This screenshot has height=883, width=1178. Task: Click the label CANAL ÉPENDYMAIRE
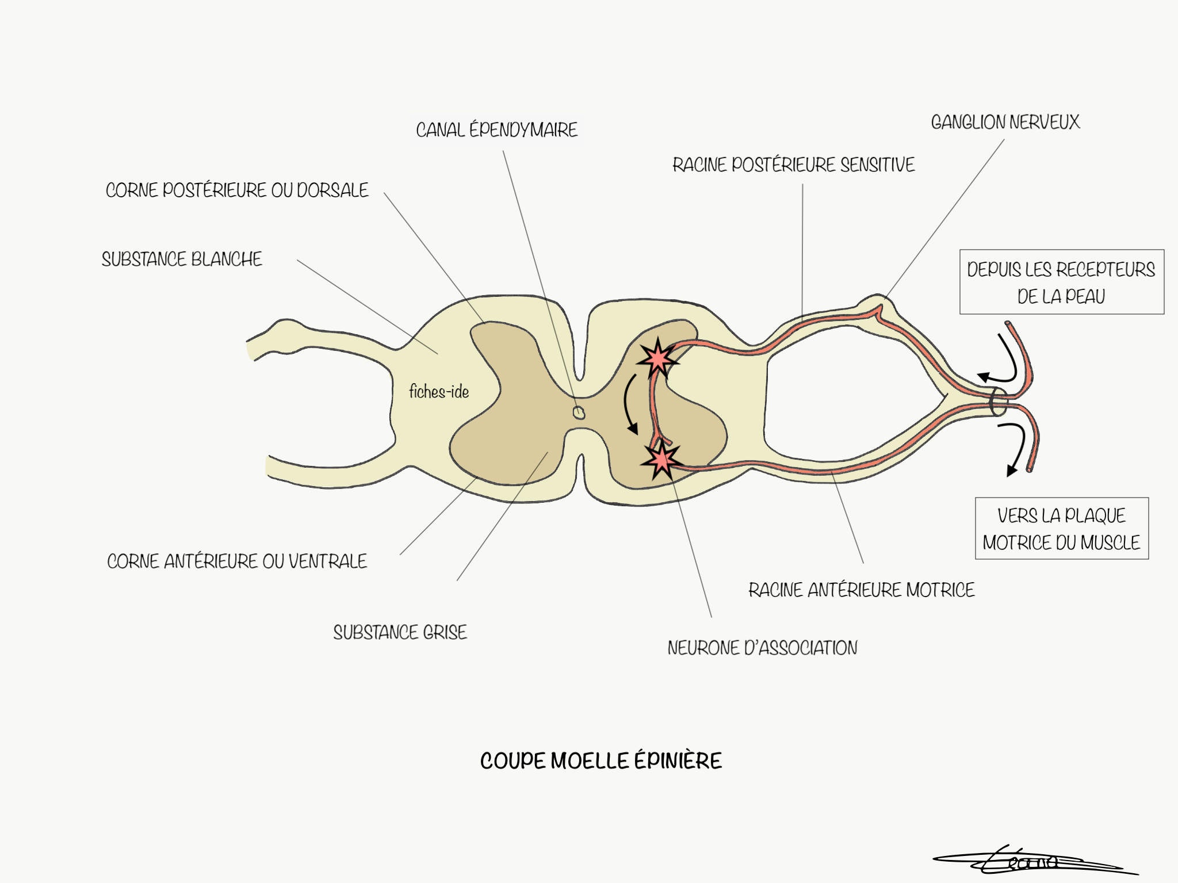pyautogui.click(x=496, y=130)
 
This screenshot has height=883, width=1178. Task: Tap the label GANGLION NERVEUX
pyautogui.click(x=1005, y=122)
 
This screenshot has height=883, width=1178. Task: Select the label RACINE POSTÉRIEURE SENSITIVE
pyautogui.click(x=793, y=165)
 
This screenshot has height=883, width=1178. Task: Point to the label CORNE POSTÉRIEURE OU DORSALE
pyautogui.click(x=236, y=190)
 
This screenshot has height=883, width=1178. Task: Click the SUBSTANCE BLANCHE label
pyautogui.click(x=182, y=259)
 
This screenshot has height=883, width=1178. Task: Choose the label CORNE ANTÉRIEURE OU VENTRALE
pyautogui.click(x=236, y=561)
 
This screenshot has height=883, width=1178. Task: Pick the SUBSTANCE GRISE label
pyautogui.click(x=400, y=633)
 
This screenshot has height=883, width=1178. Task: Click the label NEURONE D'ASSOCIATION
pyautogui.click(x=762, y=648)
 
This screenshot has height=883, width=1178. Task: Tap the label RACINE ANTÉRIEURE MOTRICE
pyautogui.click(x=861, y=590)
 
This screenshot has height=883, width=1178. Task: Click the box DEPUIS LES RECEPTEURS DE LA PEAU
pyautogui.click(x=1061, y=282)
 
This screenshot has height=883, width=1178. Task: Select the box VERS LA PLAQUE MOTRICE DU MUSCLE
pyautogui.click(x=1061, y=529)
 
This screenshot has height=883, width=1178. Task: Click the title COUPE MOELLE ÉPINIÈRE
pyautogui.click(x=601, y=761)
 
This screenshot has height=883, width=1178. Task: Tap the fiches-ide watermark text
pyautogui.click(x=439, y=392)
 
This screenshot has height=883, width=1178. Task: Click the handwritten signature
pyautogui.click(x=1030, y=862)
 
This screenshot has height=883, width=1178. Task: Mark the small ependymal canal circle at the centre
pyautogui.click(x=579, y=412)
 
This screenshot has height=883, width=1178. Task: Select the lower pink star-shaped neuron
pyautogui.click(x=662, y=460)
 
